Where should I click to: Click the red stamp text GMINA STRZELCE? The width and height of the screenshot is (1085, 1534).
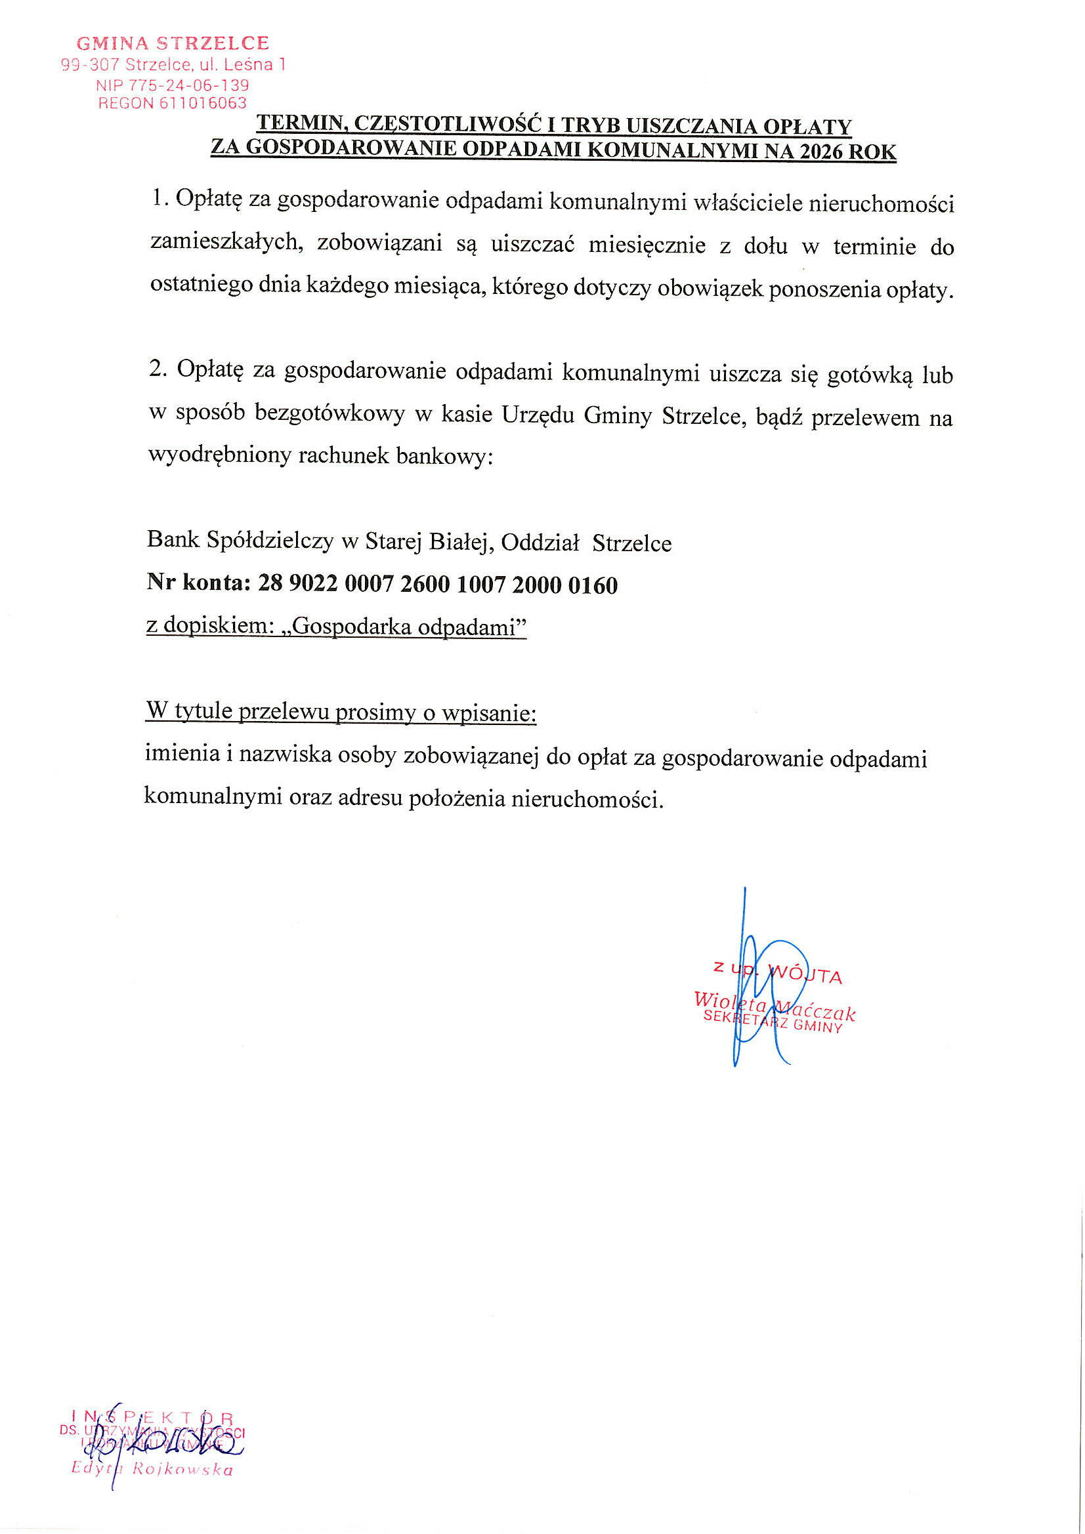173,43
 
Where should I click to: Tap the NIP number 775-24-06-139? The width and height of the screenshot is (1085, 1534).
188,85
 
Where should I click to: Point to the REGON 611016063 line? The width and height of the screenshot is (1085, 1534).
173,103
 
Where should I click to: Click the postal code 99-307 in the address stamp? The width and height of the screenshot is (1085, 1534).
90,65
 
